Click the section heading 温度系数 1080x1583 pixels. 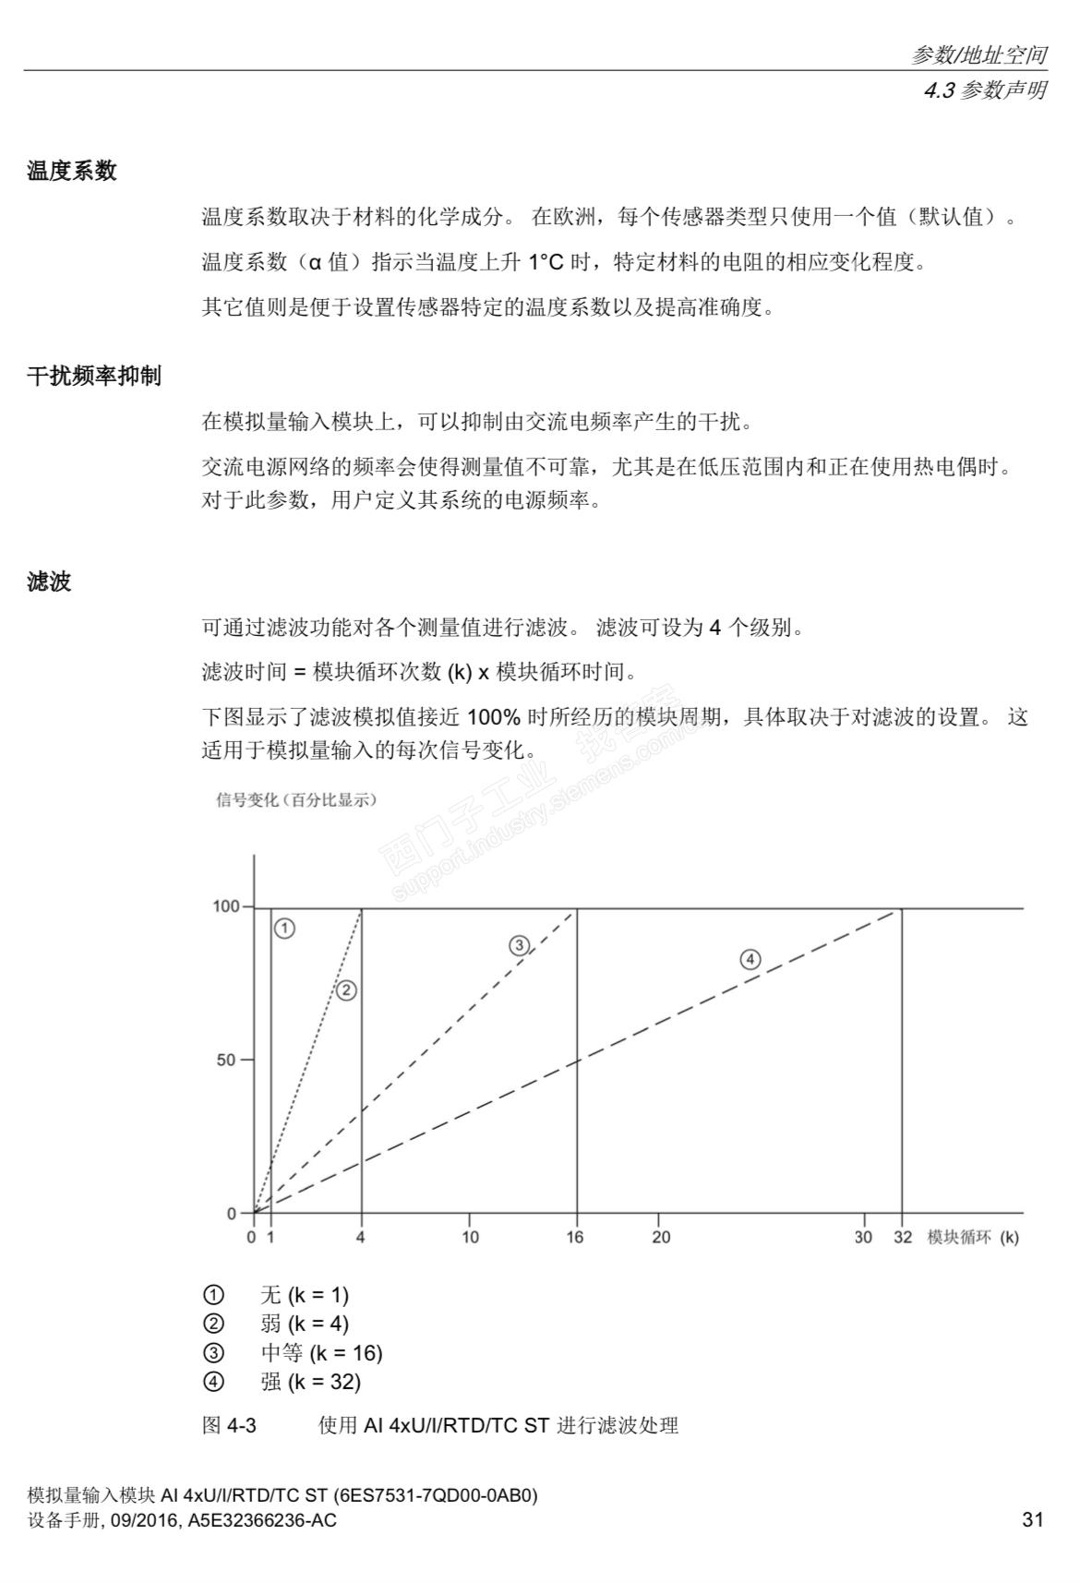click(x=72, y=171)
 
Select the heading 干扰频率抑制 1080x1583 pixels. click(x=94, y=376)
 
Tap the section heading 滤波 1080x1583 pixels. click(x=50, y=582)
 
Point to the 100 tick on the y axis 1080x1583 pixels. click(x=226, y=906)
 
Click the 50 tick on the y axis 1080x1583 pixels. click(x=227, y=1060)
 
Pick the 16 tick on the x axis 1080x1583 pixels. click(x=575, y=1237)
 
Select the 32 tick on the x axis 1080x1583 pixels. click(x=902, y=1237)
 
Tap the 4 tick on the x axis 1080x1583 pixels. click(x=361, y=1237)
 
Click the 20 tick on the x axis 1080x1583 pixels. click(x=661, y=1237)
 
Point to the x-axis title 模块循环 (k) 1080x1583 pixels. click(x=973, y=1237)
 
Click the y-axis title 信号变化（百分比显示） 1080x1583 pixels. click(x=295, y=800)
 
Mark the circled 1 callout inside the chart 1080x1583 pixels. click(x=285, y=929)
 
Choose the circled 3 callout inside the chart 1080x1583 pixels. click(x=519, y=945)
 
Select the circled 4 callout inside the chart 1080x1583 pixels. click(x=750, y=960)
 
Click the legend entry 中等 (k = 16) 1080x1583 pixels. click(x=321, y=1353)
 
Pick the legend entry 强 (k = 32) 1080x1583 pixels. click(x=310, y=1382)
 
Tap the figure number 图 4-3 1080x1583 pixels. click(x=229, y=1425)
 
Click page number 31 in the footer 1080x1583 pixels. click(x=1033, y=1519)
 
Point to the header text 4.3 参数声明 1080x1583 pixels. click(x=985, y=90)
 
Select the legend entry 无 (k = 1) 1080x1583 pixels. click(x=305, y=1295)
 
